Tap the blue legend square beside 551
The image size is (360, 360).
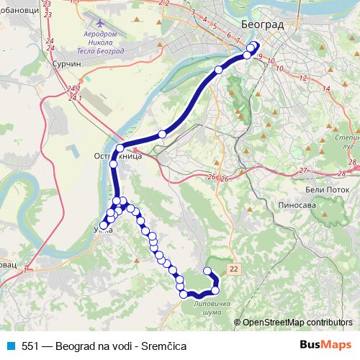[10, 346]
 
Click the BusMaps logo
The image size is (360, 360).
[325, 346]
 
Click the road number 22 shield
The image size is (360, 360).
[233, 269]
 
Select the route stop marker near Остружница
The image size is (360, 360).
[120, 148]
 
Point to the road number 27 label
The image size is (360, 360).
[303, 170]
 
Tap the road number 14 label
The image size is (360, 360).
[326, 88]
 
